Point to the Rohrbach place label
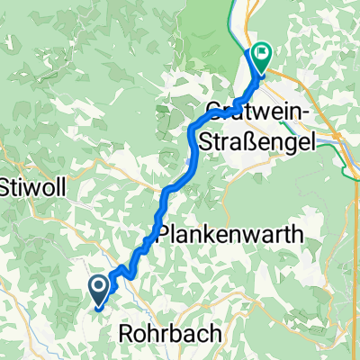click(x=169, y=335)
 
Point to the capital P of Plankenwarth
click(x=165, y=235)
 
